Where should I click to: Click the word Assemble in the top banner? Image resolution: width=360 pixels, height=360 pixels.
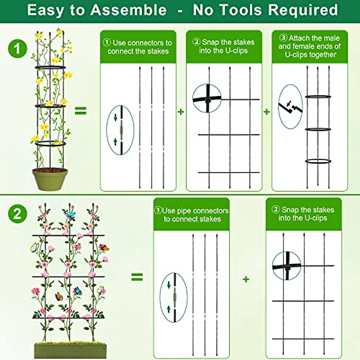point(128,10)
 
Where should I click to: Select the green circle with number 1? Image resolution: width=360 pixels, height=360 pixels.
point(17,48)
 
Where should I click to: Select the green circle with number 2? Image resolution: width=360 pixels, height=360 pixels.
point(17,214)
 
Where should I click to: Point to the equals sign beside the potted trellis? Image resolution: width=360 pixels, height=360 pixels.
point(80,111)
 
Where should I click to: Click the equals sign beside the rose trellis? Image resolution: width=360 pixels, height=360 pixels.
point(137,277)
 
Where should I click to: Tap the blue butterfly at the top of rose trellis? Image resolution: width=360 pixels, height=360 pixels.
point(71,215)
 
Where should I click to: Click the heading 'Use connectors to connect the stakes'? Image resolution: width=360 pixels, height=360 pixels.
point(138,47)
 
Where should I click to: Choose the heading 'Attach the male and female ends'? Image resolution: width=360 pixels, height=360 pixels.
point(310,46)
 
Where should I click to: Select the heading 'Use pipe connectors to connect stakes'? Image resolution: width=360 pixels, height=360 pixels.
point(192,214)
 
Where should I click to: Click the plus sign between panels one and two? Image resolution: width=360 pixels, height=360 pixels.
point(181,112)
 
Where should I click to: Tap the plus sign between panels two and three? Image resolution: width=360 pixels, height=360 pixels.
point(266,112)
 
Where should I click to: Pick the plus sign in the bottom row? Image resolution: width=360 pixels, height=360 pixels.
point(246,279)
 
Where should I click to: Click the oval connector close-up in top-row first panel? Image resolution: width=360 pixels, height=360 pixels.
point(121,130)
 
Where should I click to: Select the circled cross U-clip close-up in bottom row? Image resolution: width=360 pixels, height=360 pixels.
point(286,266)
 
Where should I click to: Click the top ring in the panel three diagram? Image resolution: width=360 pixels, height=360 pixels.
point(318,97)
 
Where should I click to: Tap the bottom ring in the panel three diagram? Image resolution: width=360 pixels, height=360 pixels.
point(318,161)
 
